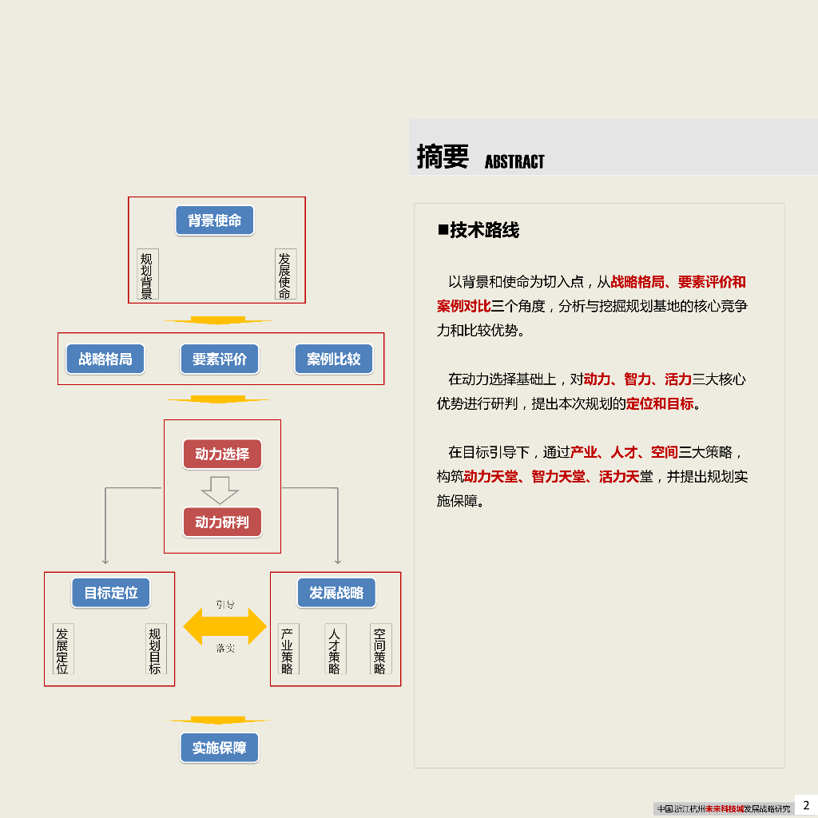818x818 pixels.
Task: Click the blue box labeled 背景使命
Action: tap(214, 220)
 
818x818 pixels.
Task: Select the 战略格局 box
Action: tap(105, 359)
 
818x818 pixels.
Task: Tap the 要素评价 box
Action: tap(220, 359)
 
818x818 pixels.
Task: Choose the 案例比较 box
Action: tap(334, 359)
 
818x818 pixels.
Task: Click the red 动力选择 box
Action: tap(222, 455)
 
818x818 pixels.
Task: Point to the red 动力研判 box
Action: tap(222, 523)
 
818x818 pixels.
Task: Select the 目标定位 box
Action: tap(111, 593)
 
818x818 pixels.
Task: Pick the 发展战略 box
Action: tap(336, 593)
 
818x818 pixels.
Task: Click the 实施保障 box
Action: tap(220, 749)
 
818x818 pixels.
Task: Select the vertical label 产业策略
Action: tap(288, 650)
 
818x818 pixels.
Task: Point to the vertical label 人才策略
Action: tap(334, 650)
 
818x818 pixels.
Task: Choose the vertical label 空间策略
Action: tap(379, 650)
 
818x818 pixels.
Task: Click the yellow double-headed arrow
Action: tap(225, 626)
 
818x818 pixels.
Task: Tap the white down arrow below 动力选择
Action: tap(220, 489)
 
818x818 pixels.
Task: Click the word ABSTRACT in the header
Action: tap(514, 162)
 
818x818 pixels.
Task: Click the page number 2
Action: tap(806, 805)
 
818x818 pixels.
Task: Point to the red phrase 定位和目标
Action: tap(660, 403)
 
